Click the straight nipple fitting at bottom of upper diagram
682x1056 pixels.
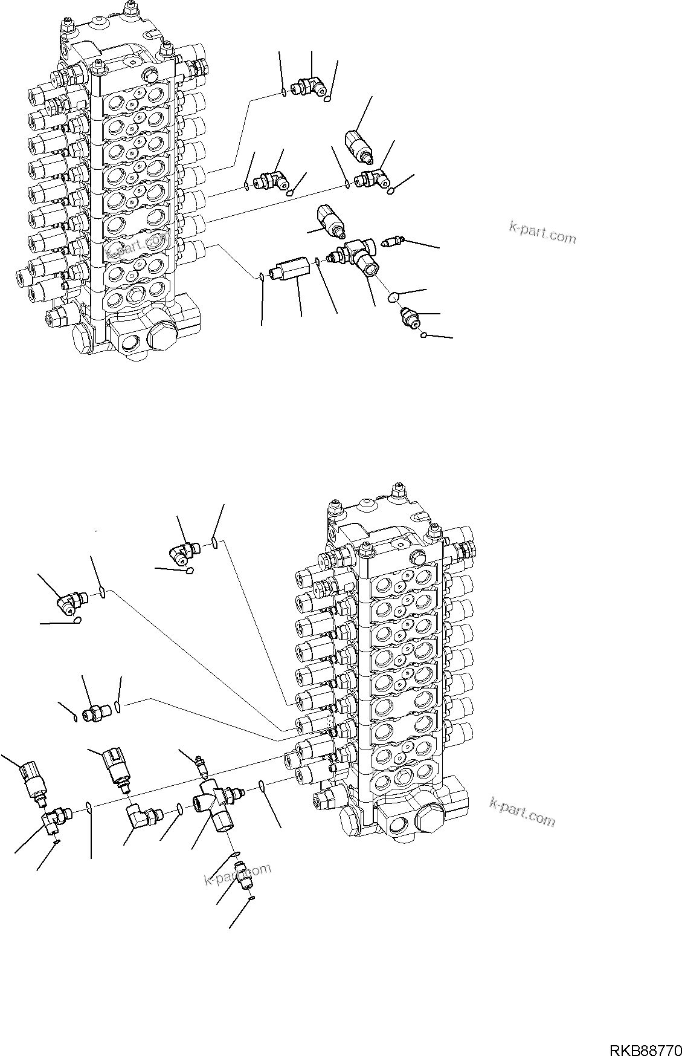pos(409,316)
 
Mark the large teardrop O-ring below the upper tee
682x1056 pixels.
pos(393,296)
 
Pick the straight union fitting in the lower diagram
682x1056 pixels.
pos(94,712)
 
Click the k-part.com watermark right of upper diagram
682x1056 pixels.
pos(542,233)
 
